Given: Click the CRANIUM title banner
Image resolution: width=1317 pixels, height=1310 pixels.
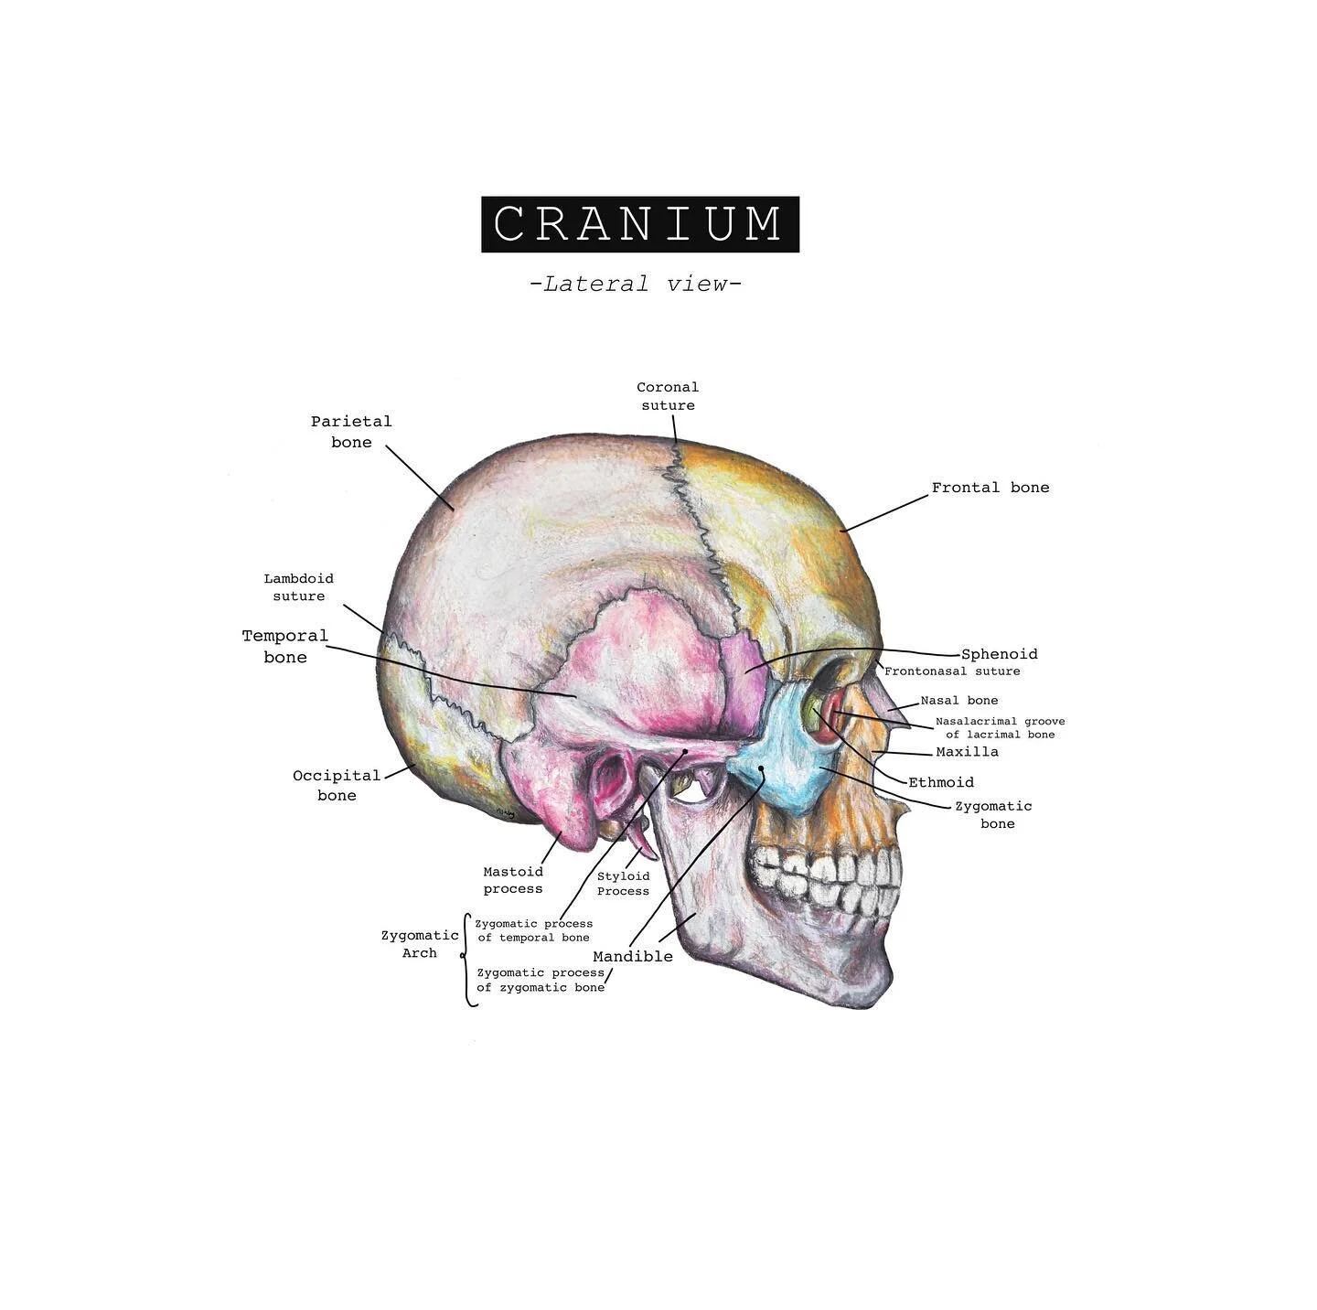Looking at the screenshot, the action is pos(640,224).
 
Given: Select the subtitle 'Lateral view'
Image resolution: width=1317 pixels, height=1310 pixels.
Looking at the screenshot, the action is pos(636,284).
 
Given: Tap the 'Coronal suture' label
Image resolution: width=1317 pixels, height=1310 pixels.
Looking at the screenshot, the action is pos(668,396).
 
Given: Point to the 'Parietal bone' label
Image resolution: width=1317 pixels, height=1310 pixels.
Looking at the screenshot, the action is pos(351,432).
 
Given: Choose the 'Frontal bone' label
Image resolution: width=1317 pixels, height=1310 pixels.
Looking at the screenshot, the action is pos(990,488).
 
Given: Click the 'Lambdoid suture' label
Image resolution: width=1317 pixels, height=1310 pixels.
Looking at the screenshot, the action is pos(299,587).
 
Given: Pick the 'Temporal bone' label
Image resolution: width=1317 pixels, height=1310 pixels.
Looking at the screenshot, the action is pos(285,646).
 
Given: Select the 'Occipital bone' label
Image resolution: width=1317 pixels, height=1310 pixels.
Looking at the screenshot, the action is pos(337,785).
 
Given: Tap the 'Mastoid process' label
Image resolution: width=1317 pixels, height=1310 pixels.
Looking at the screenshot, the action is pos(513,880).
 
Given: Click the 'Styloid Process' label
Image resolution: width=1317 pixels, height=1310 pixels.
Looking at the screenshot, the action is pos(623,884).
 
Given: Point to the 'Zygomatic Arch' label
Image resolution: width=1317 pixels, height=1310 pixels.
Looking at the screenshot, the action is pos(420,944).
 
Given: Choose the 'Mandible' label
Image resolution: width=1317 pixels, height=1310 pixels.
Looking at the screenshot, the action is pos(633,957).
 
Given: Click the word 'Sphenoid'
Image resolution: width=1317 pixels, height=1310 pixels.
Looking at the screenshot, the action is pos(1000,654).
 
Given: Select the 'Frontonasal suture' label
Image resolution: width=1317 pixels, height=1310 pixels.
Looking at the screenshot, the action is pos(952,671).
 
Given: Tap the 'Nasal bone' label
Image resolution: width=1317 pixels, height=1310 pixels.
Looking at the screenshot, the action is pos(959,701).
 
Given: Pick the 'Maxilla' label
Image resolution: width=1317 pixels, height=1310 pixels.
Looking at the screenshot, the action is pos(968,752).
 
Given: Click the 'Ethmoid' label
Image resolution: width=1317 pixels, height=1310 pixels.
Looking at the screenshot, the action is pos(941,782).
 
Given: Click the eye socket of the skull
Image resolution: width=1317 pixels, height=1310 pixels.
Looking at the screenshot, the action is pos(828,700).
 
